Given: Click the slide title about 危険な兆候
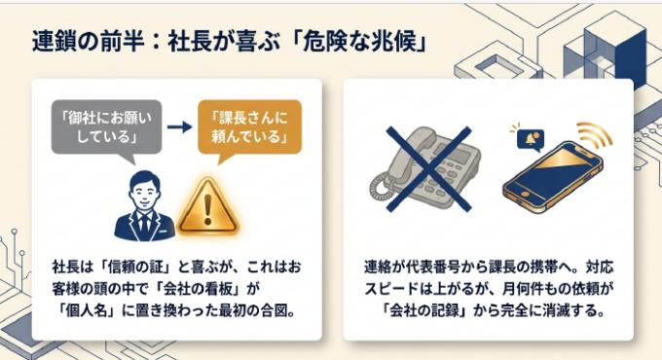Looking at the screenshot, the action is [x=229, y=42].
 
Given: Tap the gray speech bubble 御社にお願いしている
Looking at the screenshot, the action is [x=106, y=127].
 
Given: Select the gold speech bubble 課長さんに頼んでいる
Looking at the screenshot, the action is [x=249, y=127].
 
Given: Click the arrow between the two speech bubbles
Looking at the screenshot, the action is [x=179, y=126].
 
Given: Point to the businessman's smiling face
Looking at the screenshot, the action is [x=144, y=191].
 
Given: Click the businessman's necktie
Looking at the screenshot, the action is [x=145, y=223].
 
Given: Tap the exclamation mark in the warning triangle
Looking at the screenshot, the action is [x=207, y=208].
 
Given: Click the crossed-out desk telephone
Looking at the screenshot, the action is [x=427, y=169].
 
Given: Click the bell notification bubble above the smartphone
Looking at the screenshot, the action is [x=530, y=139].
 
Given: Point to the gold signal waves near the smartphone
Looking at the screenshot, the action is [x=594, y=134].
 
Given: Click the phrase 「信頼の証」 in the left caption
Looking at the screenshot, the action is [x=138, y=268].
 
